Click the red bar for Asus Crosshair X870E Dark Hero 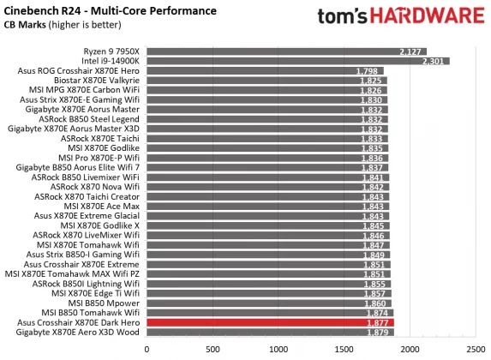tap(270, 323)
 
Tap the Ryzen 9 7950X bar tap(286, 51)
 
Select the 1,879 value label tap(380, 333)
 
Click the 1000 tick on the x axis tap(278, 349)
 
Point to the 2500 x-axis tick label tap(476, 349)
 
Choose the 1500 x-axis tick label tap(344, 349)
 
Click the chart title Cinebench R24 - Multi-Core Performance tap(109, 10)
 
